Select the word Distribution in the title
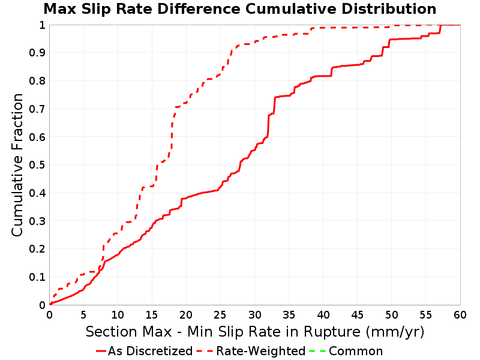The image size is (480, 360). tap(389, 9)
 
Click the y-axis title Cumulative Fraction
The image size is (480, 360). tap(17, 164)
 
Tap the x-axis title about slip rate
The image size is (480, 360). tap(255, 332)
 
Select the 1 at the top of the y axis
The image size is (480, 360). tap(42, 25)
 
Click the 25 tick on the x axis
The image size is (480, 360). tap(220, 314)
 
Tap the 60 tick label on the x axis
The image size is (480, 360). tap(460, 314)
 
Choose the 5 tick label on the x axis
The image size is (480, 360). tap(83, 314)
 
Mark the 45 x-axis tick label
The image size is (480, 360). tap(357, 314)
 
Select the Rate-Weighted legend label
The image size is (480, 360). tap(261, 351)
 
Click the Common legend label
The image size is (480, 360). tap(356, 351)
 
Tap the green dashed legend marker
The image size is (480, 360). tap(317, 351)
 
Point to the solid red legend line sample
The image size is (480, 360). tap(101, 351)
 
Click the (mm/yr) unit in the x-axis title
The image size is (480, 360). tap(395, 332)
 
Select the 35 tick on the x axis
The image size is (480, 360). tap(289, 314)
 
